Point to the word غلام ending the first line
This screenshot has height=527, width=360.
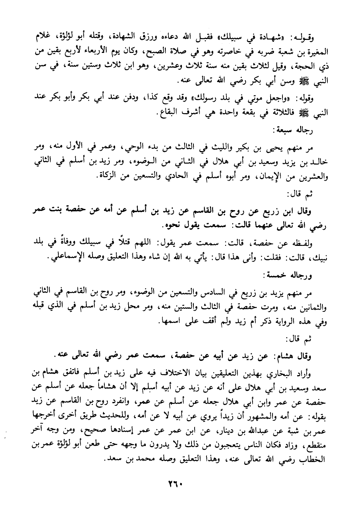click(40, 38)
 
